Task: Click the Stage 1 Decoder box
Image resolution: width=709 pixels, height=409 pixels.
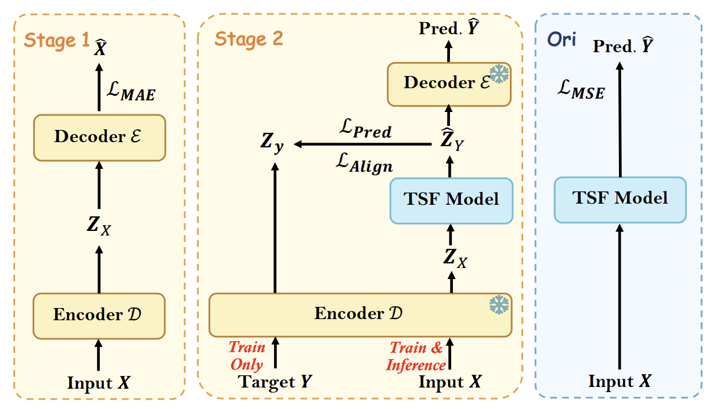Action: (99, 137)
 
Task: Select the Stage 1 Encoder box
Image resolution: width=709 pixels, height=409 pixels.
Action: (99, 316)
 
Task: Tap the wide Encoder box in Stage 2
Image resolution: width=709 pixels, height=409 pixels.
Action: (360, 314)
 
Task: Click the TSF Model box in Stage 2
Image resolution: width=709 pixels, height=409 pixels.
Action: (451, 200)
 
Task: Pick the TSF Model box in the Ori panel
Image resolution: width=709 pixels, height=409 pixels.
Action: (620, 198)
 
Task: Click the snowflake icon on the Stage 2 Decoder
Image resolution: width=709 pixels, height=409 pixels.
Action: (499, 74)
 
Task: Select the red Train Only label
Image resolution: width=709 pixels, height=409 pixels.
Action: (247, 356)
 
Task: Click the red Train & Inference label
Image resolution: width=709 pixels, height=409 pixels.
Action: (416, 356)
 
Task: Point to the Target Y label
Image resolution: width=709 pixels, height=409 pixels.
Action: (275, 383)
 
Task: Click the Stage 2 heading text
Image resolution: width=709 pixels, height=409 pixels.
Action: (249, 39)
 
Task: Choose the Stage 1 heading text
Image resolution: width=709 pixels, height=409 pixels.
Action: (57, 41)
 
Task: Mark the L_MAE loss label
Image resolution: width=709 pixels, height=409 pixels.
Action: (132, 92)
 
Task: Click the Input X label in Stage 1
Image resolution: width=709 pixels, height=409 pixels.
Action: (99, 383)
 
